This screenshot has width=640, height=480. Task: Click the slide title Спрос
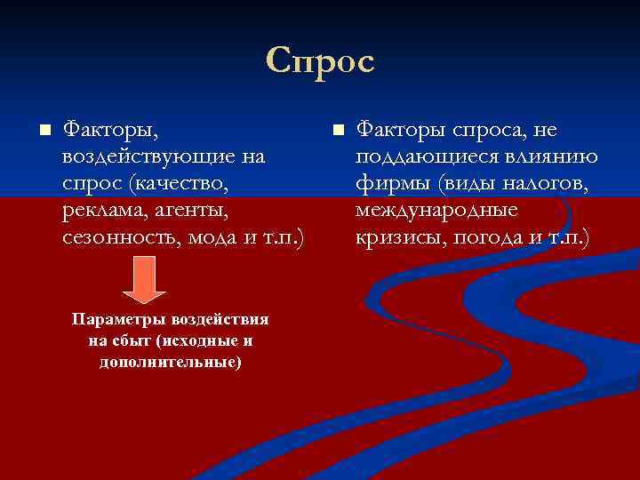[320, 61]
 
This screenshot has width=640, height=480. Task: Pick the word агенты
[191, 211]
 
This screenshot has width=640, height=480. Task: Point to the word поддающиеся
[414, 157]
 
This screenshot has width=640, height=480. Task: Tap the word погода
[490, 237]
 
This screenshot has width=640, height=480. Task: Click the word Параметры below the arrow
[114, 319]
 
